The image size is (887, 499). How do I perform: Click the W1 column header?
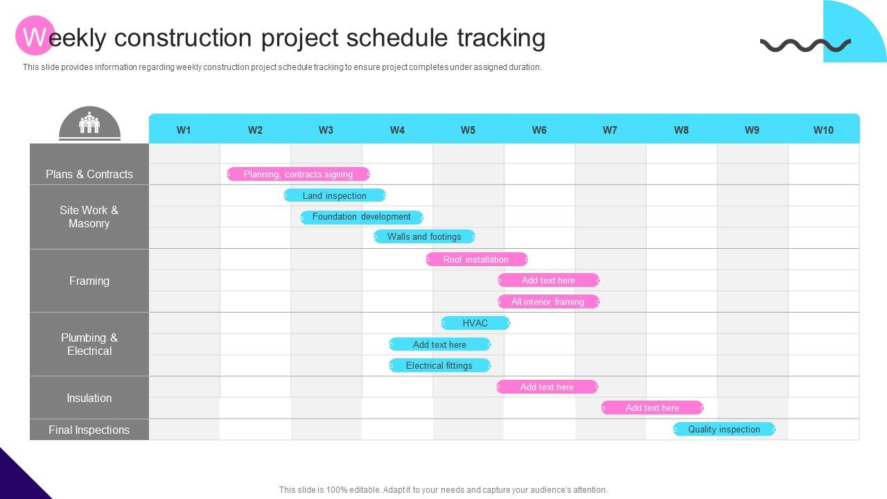[x=184, y=130]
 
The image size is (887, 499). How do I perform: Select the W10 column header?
[x=823, y=130]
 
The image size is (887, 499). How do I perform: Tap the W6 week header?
[x=539, y=130]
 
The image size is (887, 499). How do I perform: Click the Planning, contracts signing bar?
[x=298, y=174]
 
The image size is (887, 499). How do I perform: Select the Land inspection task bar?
[x=335, y=195]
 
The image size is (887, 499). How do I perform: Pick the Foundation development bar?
[x=362, y=217]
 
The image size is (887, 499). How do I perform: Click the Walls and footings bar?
[x=424, y=236]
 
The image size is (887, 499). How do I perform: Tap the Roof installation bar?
[x=476, y=259]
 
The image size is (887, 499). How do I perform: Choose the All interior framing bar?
[x=548, y=301]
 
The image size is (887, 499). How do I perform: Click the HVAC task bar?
[x=475, y=323]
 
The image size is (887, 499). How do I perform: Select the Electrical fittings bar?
[x=439, y=365]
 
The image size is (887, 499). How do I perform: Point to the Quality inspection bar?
[x=724, y=429]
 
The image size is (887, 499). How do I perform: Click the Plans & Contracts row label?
[x=89, y=174]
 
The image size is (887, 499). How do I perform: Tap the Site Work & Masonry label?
[x=89, y=217]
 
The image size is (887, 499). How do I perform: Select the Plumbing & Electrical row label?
[x=89, y=344]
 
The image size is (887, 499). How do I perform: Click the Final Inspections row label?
[x=89, y=430]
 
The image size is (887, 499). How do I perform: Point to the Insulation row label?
[x=89, y=398]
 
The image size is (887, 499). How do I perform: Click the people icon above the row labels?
[x=89, y=123]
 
